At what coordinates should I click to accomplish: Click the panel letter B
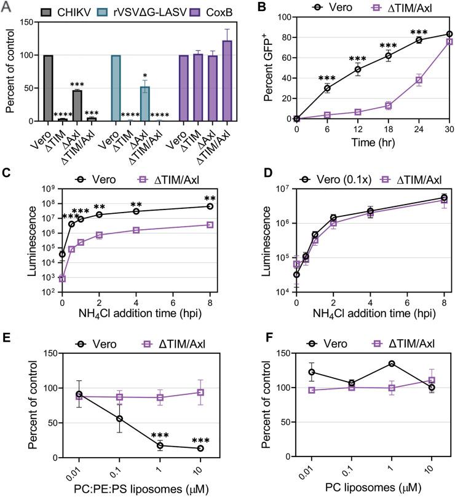tap(265, 7)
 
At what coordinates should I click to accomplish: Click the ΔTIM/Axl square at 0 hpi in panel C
tap(62, 278)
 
